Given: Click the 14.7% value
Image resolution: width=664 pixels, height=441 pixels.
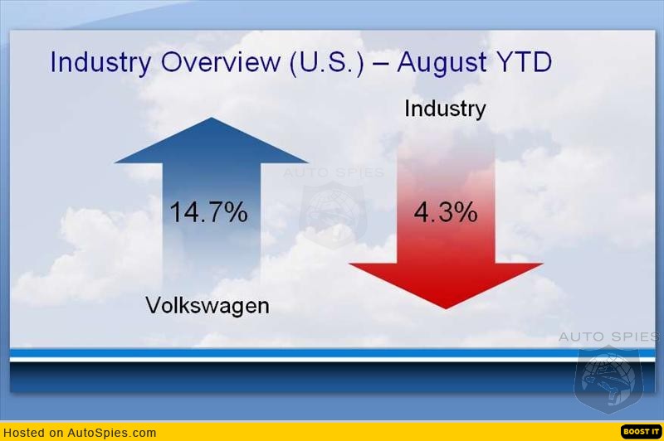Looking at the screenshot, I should coord(208,212).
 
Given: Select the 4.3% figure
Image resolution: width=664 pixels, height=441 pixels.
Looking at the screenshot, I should coord(445,212).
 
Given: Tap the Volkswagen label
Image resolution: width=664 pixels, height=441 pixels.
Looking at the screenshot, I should coord(207,305).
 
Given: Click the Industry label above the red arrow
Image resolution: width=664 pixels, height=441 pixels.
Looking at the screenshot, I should coord(445,109).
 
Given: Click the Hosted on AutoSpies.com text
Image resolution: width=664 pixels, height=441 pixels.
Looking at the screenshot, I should coord(80,432).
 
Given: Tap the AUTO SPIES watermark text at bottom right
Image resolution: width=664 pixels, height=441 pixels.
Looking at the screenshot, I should coord(608,337).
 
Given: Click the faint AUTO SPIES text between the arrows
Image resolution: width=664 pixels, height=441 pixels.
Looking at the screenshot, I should coord(334,173).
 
